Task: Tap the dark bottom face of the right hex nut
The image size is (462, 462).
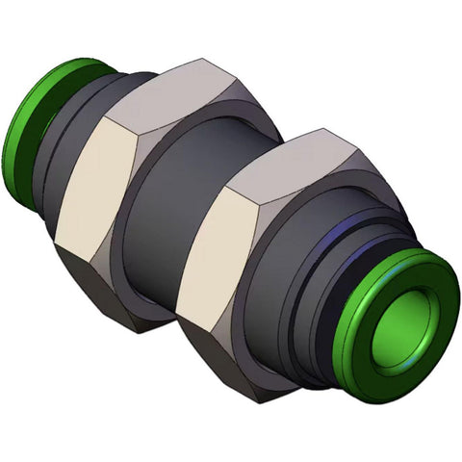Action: pyautogui.click(x=231, y=356)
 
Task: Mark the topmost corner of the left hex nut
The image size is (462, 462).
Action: pyautogui.click(x=208, y=61)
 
